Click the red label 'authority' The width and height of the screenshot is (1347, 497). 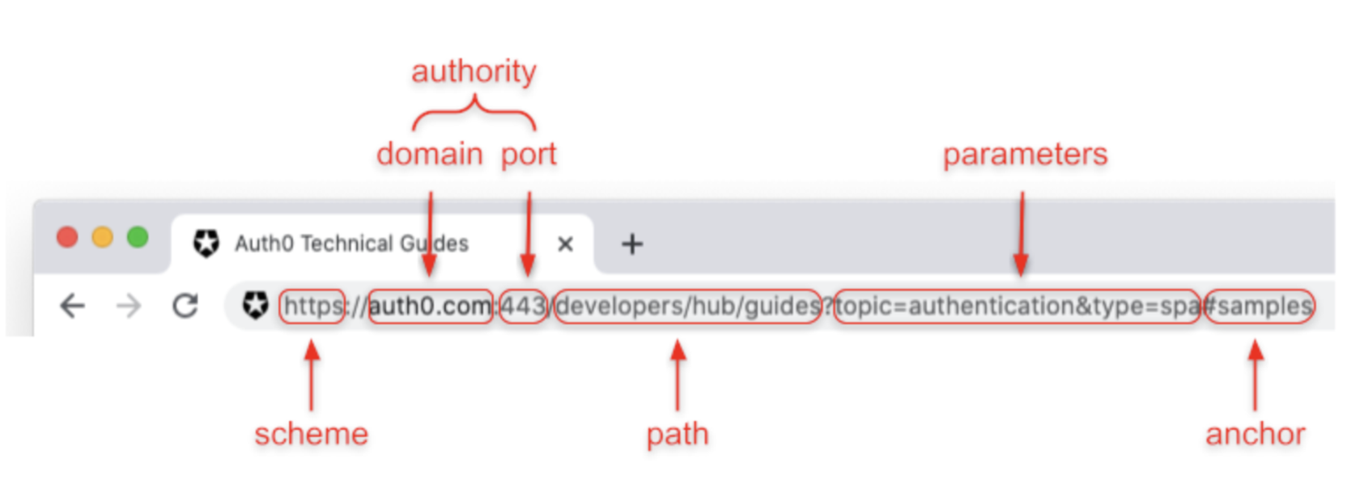pos(474,71)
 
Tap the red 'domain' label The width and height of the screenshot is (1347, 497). pos(429,154)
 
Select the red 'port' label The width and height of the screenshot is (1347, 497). pos(529,154)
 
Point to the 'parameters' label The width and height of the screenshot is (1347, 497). pos(1025,154)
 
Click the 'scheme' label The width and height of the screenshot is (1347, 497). pos(311,434)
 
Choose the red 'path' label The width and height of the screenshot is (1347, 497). pos(678,434)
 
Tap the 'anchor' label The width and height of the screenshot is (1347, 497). pos(1255,434)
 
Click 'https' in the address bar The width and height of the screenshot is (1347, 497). pos(312,306)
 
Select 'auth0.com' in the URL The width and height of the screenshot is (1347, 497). pos(430,306)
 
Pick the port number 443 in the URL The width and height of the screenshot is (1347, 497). pos(523,306)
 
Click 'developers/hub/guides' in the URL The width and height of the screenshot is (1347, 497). pos(688,306)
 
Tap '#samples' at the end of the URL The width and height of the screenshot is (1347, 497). pos(1260,306)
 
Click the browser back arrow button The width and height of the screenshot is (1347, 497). pos(73,306)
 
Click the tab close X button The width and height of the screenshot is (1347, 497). pos(565,244)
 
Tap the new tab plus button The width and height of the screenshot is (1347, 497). pos(632,244)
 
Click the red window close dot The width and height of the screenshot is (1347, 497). pos(67,237)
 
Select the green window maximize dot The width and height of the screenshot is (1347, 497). pos(138,237)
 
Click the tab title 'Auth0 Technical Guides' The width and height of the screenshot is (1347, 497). pos(351,244)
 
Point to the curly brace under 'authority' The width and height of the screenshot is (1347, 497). pos(474,113)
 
